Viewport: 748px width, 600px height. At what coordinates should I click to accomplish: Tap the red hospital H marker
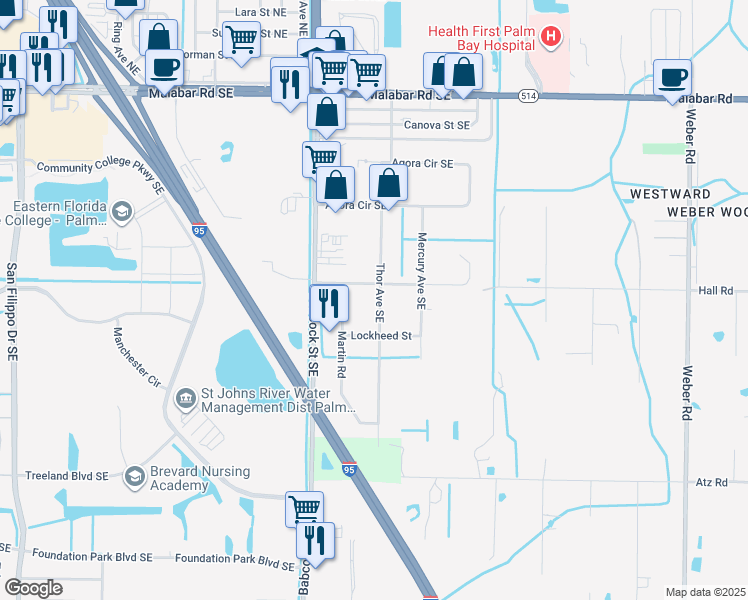[x=549, y=38]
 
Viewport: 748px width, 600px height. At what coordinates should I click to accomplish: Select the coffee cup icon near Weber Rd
[x=673, y=76]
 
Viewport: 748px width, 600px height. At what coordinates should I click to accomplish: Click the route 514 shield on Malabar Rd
[x=529, y=96]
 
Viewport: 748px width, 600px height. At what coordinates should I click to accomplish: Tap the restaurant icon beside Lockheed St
[x=327, y=301]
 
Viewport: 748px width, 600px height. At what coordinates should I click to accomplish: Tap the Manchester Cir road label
[x=137, y=356]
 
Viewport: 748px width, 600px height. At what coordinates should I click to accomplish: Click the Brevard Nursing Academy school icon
[x=133, y=477]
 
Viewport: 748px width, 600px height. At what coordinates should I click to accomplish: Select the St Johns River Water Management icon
[x=186, y=399]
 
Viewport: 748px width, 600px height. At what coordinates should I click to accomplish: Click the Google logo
[x=34, y=588]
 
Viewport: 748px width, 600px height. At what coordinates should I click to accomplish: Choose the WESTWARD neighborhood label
[x=670, y=193]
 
